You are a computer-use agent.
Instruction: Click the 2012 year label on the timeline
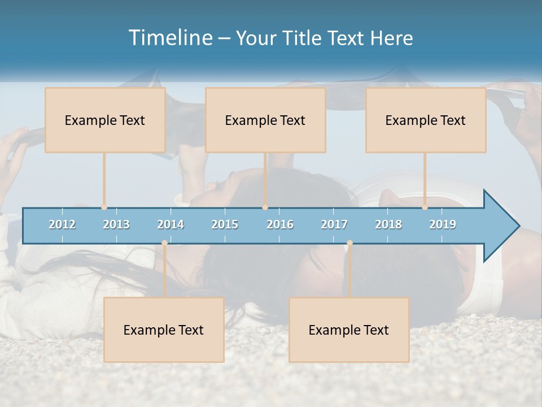(62, 224)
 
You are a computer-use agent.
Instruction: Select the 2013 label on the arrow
(116, 224)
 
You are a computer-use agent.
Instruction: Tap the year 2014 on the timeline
(171, 224)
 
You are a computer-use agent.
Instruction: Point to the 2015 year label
(225, 224)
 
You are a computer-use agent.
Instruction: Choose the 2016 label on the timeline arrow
(280, 224)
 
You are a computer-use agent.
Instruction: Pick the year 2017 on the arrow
(334, 224)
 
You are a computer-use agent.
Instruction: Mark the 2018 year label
(388, 224)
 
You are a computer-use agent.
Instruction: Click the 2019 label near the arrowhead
(443, 224)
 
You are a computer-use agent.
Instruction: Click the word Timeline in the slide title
(170, 38)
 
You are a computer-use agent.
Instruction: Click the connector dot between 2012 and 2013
(104, 207)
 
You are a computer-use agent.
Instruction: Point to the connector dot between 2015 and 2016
(265, 207)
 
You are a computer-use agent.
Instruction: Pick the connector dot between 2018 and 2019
(425, 207)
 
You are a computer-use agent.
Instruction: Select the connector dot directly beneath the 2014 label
(164, 243)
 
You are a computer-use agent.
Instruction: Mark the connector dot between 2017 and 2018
(349, 243)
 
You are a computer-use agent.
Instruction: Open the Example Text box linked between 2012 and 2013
(105, 120)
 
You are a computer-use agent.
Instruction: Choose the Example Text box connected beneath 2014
(164, 330)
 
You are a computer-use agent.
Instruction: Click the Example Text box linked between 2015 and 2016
(265, 120)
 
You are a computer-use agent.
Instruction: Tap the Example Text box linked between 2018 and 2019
(426, 120)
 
